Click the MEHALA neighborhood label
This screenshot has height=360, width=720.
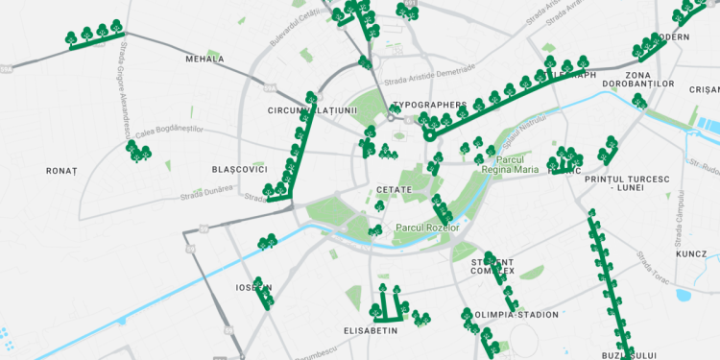tap(204, 59)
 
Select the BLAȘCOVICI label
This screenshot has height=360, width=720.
tap(239, 169)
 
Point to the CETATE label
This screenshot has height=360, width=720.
tap(395, 190)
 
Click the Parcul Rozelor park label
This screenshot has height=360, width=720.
tap(427, 228)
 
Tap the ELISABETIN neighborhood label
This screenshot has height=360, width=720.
tap(370, 330)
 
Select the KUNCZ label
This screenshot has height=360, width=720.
tap(690, 255)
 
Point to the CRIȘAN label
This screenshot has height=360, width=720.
tap(704, 89)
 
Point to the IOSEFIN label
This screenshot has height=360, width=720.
tap(253, 287)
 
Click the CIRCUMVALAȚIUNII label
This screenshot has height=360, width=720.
tap(312, 110)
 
